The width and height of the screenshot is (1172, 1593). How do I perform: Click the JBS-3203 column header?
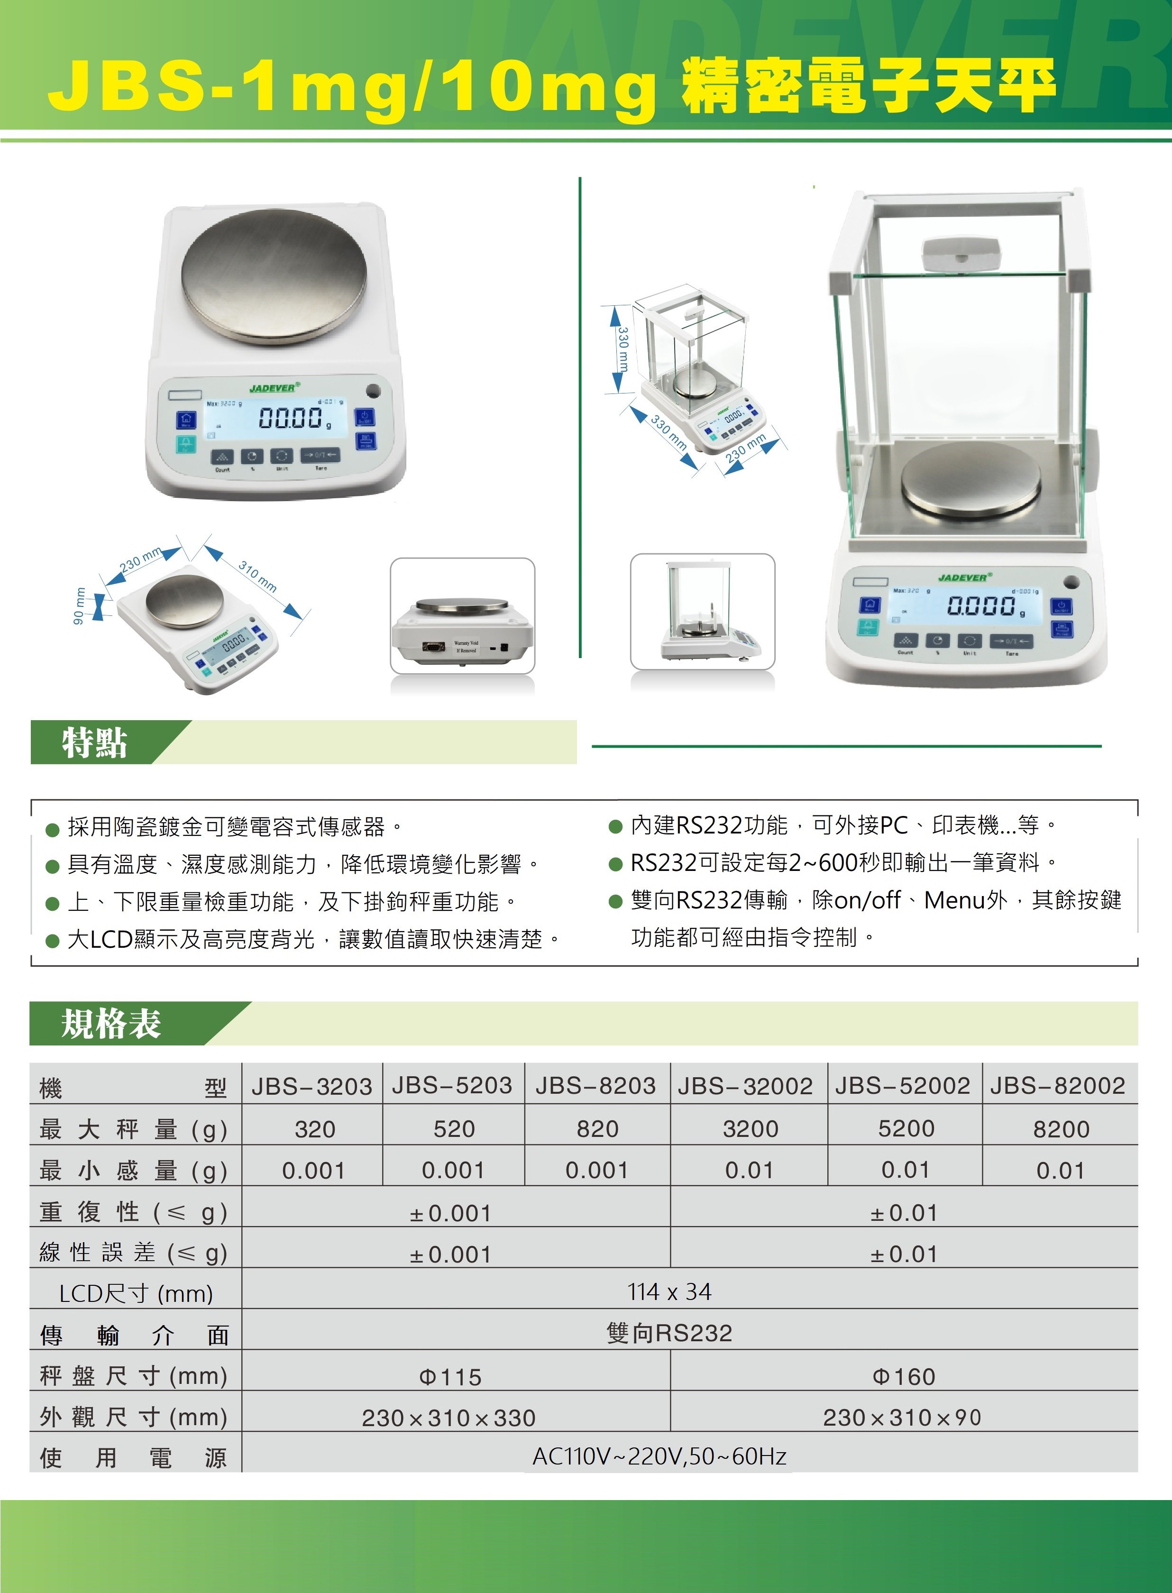(311, 1086)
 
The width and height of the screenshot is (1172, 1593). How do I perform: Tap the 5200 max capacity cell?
(906, 1128)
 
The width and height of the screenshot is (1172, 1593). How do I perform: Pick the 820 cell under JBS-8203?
(597, 1128)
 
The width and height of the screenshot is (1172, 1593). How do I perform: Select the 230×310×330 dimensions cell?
(449, 1418)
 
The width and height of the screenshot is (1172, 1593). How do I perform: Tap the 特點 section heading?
(94, 742)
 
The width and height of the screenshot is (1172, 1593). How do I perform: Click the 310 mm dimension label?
(257, 576)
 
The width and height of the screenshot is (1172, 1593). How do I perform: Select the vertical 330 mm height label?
(622, 349)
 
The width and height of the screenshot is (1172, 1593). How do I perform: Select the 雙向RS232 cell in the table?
(669, 1333)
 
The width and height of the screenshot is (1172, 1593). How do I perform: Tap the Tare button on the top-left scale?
(320, 455)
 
